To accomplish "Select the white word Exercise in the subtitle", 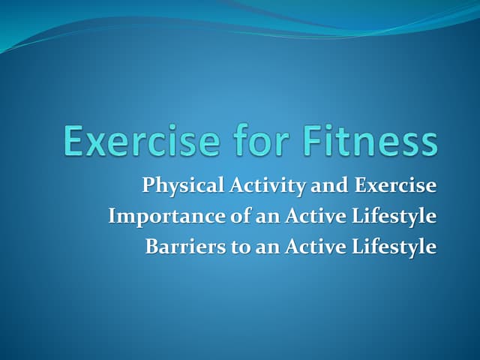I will (394, 184).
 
